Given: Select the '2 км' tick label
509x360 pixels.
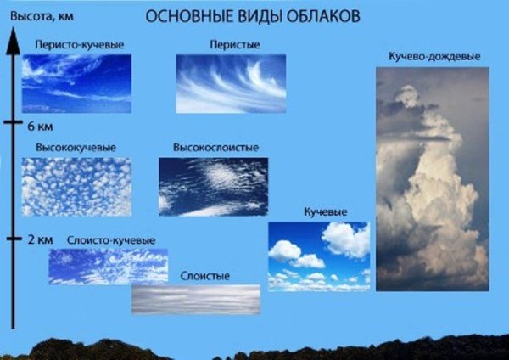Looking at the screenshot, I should tap(40, 240).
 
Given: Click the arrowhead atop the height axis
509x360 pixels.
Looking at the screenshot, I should tap(13, 41).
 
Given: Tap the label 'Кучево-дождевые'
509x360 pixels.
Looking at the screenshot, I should tap(433, 56).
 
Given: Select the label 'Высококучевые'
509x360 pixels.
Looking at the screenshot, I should tap(76, 147).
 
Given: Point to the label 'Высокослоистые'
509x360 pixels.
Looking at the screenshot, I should tap(215, 147).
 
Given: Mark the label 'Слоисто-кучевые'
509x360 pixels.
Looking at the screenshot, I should tap(109, 240).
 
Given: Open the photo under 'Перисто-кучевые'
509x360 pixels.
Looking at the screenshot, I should tap(76, 83).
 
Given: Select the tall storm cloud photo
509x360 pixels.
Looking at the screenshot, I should tap(432, 178).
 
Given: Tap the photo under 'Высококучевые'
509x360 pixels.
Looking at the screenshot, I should tap(76, 186).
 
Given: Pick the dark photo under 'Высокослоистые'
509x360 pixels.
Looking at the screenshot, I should tap(213, 186).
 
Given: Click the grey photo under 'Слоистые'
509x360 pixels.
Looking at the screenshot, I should tap(195, 299).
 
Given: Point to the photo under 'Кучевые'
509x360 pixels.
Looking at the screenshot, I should tap(319, 256).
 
